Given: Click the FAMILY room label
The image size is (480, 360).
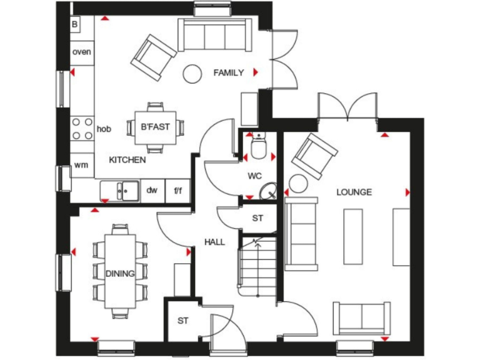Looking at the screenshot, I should [x=228, y=73].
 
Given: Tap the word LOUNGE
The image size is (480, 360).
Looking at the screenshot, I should [x=354, y=192].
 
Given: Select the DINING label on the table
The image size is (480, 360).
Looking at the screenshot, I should [x=120, y=273].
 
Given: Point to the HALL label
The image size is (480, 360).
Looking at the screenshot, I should [x=214, y=242].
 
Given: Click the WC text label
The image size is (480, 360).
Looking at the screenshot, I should [x=254, y=176].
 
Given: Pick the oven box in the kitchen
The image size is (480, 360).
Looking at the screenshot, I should [x=81, y=52].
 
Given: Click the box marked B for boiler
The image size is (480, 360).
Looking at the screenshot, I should [x=76, y=24].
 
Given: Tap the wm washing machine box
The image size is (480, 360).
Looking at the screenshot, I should [x=81, y=165].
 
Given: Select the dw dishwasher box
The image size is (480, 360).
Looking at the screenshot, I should [x=152, y=191].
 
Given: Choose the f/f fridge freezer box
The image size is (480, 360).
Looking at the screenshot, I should [x=177, y=191].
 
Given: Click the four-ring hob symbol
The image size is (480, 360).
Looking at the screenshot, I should [x=82, y=129].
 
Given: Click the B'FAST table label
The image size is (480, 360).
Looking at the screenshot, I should [x=155, y=127].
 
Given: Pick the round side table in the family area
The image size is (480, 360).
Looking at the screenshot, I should [x=191, y=74].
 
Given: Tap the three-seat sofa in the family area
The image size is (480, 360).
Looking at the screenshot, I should [x=215, y=35].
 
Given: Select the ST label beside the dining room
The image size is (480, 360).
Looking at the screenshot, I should [x=182, y=321].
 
